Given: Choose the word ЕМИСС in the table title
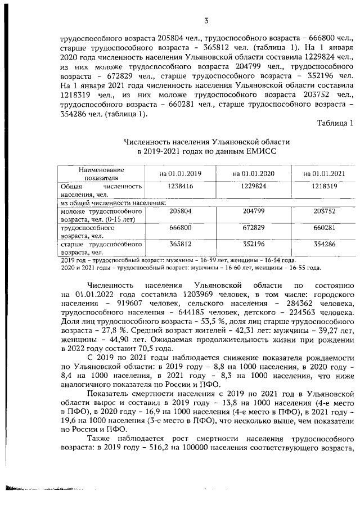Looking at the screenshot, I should pyautogui.click(x=262, y=151).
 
